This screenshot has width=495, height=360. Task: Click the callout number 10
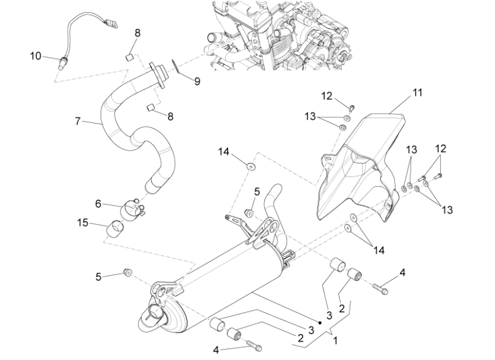pyautogui.click(x=36, y=56)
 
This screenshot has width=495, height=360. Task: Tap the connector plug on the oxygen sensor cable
pyautogui.click(x=111, y=23)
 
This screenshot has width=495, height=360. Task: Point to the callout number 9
pyautogui.click(x=197, y=82)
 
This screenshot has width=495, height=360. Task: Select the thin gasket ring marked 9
pyautogui.click(x=175, y=66)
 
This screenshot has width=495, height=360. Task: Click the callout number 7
pyautogui.click(x=78, y=121)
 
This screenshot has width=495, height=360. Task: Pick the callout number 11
pyautogui.click(x=418, y=92)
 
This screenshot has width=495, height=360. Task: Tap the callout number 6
pyautogui.click(x=98, y=204)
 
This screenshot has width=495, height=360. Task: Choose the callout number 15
pyautogui.click(x=83, y=223)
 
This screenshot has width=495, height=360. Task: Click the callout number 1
pyautogui.click(x=336, y=341)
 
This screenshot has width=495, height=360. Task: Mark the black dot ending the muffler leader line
pyautogui.click(x=320, y=323)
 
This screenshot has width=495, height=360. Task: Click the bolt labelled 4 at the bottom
pyautogui.click(x=254, y=345)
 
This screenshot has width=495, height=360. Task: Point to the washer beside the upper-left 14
pyautogui.click(x=251, y=166)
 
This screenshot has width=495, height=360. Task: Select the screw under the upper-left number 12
pyautogui.click(x=352, y=108)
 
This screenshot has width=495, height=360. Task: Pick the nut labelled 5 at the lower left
pyautogui.click(x=128, y=273)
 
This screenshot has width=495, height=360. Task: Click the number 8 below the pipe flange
pyautogui.click(x=170, y=117)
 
